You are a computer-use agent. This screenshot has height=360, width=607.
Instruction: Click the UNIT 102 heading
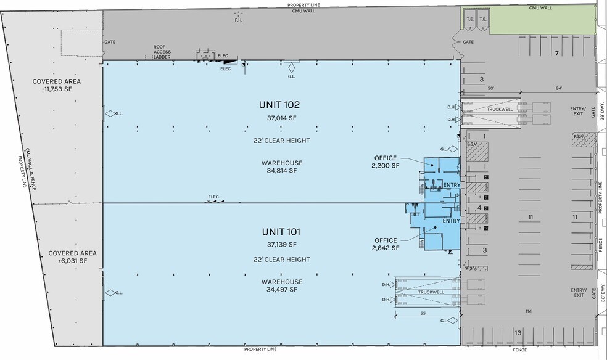(279, 105)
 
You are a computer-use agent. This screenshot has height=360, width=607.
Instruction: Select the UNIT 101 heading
(281, 232)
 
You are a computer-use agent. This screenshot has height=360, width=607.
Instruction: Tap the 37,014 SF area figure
(282, 118)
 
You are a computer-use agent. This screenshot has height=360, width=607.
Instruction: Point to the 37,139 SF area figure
(282, 244)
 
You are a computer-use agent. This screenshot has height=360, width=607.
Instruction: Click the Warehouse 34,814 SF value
(282, 171)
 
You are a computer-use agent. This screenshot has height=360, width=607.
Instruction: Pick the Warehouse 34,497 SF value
(282, 289)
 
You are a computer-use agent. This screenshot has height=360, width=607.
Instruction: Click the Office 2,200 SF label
(386, 162)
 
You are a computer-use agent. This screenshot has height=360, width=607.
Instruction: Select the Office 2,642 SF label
(386, 244)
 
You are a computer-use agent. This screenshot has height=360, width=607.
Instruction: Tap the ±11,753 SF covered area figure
(57, 89)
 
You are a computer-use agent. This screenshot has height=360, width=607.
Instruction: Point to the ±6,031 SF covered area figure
(72, 261)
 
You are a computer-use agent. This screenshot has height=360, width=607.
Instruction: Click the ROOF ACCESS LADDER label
(162, 52)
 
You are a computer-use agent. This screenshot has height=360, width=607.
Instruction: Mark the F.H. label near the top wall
(239, 20)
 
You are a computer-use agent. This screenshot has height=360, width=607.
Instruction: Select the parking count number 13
(518, 333)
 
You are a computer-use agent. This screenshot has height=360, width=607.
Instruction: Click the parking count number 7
(557, 54)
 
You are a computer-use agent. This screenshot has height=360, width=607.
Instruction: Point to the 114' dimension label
(529, 311)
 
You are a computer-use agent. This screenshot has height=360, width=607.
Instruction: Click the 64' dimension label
(559, 88)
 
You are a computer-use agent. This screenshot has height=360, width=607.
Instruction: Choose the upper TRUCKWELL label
(500, 110)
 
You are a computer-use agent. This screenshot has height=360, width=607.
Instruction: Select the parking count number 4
(479, 208)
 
